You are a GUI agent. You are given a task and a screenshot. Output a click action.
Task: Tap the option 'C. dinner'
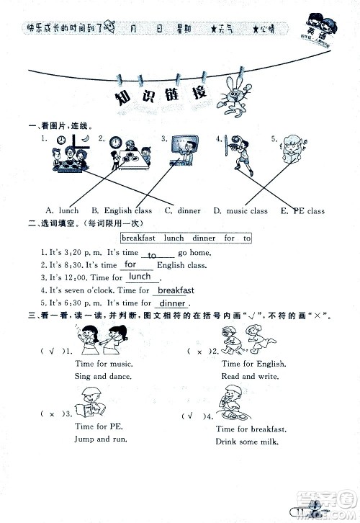coord(183,211)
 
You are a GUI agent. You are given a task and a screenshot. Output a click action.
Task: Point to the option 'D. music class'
coord(240,211)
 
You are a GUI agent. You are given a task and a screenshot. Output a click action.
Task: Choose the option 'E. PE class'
coord(304,211)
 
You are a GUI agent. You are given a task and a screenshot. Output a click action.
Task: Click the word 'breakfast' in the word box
coord(138,238)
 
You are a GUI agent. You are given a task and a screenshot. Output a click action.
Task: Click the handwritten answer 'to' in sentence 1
coord(152,256)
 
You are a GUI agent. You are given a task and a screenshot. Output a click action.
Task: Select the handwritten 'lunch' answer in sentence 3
coord(140,277)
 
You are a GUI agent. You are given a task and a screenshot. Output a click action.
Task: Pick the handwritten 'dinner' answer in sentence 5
coord(172,303)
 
